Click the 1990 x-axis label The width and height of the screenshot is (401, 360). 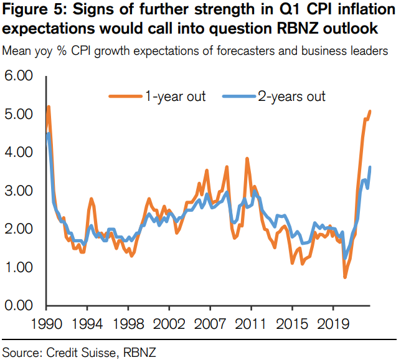pos(47,326)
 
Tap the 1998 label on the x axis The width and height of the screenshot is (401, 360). pos(129,326)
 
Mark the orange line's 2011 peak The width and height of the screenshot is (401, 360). pos(247,159)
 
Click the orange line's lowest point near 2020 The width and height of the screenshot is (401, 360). pos(346,277)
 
